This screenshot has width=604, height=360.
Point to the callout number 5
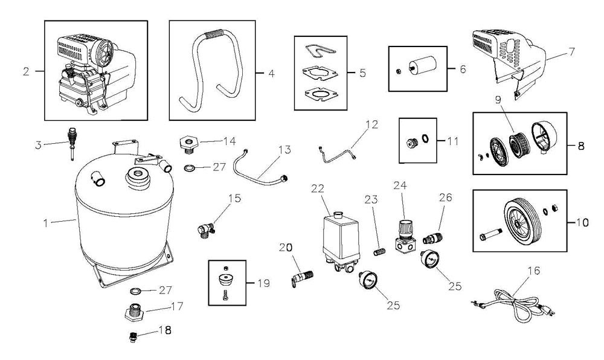click(x=362, y=73)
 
